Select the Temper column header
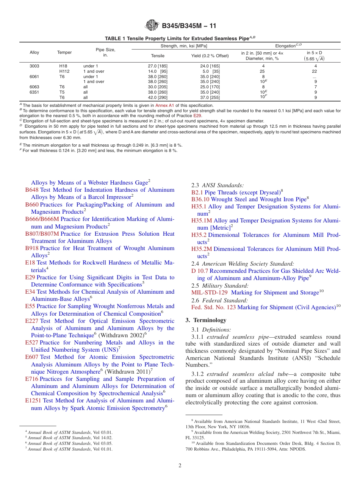(x=64, y=53)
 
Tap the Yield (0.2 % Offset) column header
(x=210, y=56)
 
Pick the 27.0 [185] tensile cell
(x=158, y=66)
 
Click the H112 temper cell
(x=66, y=71)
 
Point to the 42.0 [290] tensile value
(x=158, y=97)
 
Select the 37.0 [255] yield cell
(x=210, y=97)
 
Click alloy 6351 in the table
(x=34, y=92)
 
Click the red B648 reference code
(x=32, y=190)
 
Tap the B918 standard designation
(x=32, y=248)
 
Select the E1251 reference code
(x=33, y=401)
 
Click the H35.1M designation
(x=202, y=221)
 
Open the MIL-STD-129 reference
(x=210, y=293)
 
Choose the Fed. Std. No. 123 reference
(x=213, y=307)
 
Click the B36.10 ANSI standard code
(x=200, y=199)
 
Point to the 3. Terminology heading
(x=206, y=320)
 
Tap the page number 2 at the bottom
(x=180, y=466)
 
